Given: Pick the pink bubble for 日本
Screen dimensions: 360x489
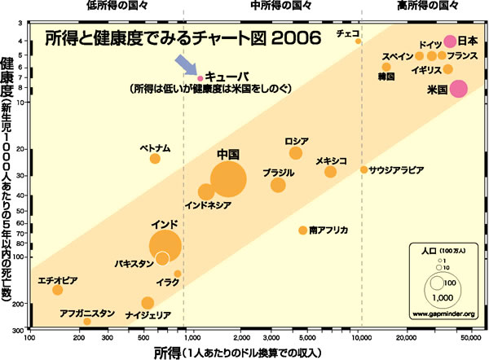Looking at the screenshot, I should click(x=450, y=42).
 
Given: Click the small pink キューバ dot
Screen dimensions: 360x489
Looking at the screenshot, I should click(x=200, y=77).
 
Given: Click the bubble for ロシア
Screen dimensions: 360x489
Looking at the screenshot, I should click(x=296, y=153).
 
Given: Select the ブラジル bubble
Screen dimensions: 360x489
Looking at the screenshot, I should click(x=278, y=185).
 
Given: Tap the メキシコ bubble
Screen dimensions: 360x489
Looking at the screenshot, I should click(x=330, y=172).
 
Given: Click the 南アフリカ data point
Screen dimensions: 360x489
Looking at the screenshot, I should click(x=302, y=230).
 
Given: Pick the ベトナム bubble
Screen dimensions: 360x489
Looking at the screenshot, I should click(x=155, y=158).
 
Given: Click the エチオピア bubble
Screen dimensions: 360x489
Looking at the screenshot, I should click(x=57, y=290).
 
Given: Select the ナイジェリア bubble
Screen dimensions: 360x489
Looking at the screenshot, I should click(x=148, y=303).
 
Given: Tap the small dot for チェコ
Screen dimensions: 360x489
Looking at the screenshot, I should click(x=359, y=41).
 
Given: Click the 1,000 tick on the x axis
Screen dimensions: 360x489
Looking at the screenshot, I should click(x=192, y=336).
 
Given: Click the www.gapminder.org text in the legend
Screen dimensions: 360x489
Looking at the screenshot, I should click(x=443, y=313).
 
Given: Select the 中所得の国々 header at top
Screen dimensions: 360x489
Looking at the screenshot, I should click(x=274, y=5).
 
